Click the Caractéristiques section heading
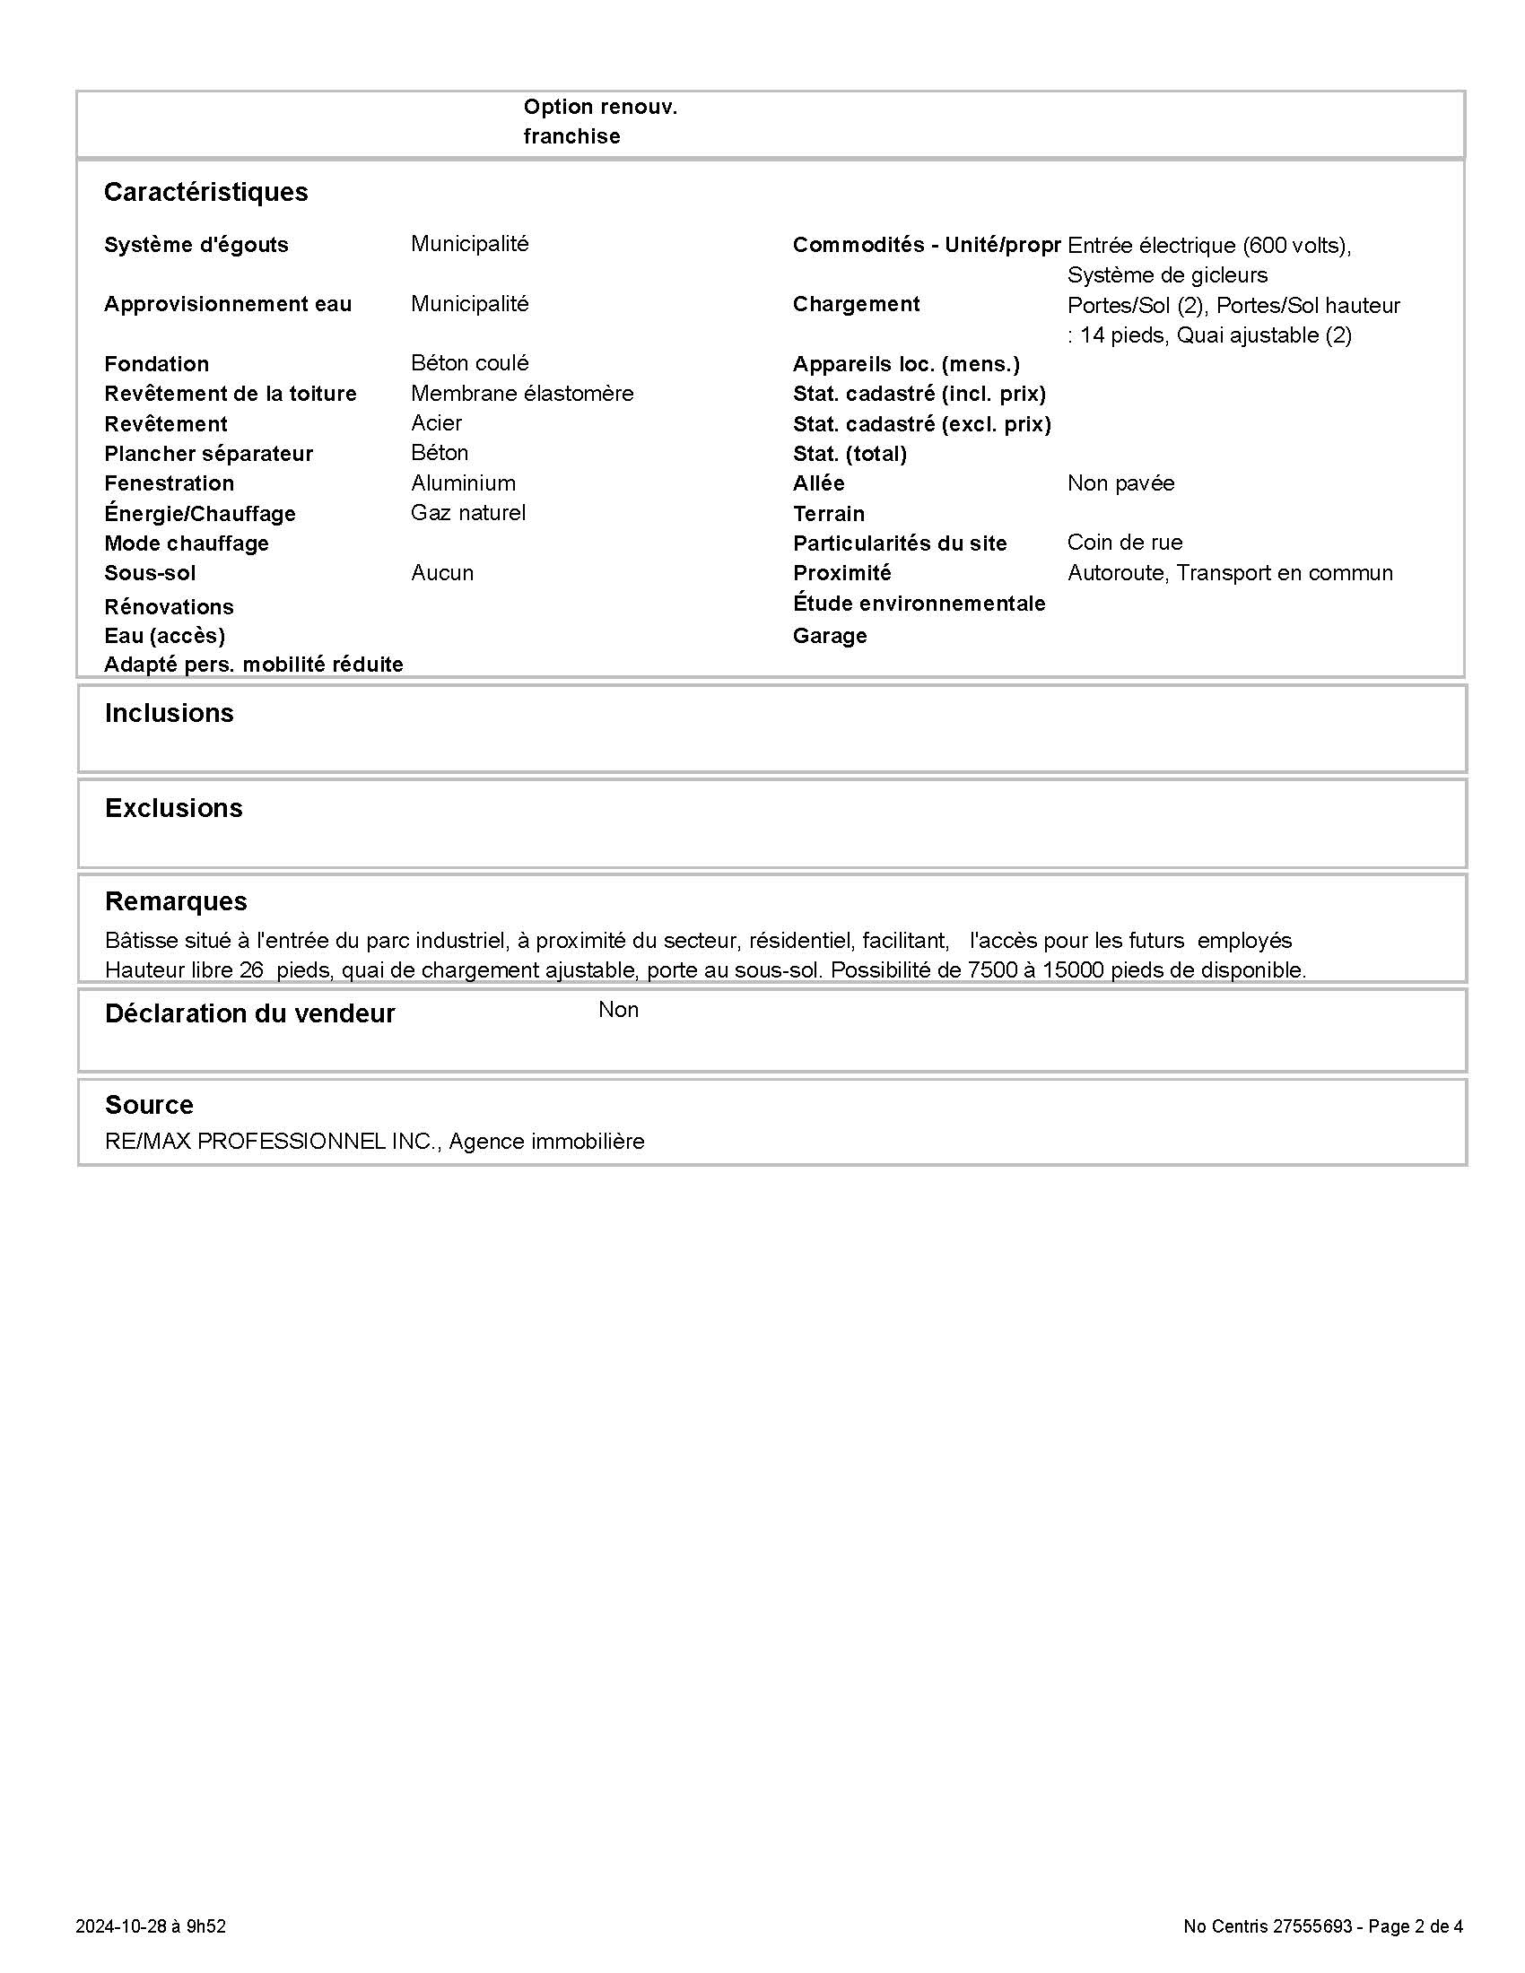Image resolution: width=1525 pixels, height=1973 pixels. point(206,193)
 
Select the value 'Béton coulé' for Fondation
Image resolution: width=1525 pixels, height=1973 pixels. point(470,363)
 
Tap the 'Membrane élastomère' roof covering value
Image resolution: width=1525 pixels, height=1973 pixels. point(522,394)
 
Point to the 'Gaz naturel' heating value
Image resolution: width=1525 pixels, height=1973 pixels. point(468,513)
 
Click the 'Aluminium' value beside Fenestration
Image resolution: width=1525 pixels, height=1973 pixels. point(464,483)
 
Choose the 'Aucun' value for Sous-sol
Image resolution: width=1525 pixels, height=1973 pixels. point(441,573)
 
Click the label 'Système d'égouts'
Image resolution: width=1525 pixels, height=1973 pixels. point(196,245)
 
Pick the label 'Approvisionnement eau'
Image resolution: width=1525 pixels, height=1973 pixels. point(228,304)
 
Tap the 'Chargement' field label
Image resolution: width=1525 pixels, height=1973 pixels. point(856,304)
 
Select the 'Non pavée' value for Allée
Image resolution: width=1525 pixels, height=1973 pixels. point(1120,483)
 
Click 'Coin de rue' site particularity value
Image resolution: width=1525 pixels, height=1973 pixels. point(1124,543)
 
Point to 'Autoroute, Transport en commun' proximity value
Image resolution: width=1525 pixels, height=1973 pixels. point(1230,573)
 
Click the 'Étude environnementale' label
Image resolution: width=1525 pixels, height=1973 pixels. point(919,604)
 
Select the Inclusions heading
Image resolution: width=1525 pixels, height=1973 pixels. point(169,714)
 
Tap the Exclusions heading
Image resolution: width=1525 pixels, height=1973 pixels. point(173,809)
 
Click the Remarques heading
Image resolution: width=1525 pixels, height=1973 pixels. point(175,901)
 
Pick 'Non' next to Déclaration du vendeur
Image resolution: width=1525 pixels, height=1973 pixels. point(618,1010)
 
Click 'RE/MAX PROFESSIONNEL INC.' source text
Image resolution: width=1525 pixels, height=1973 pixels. point(271,1142)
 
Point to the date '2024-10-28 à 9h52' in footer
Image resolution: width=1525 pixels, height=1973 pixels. point(150,1926)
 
